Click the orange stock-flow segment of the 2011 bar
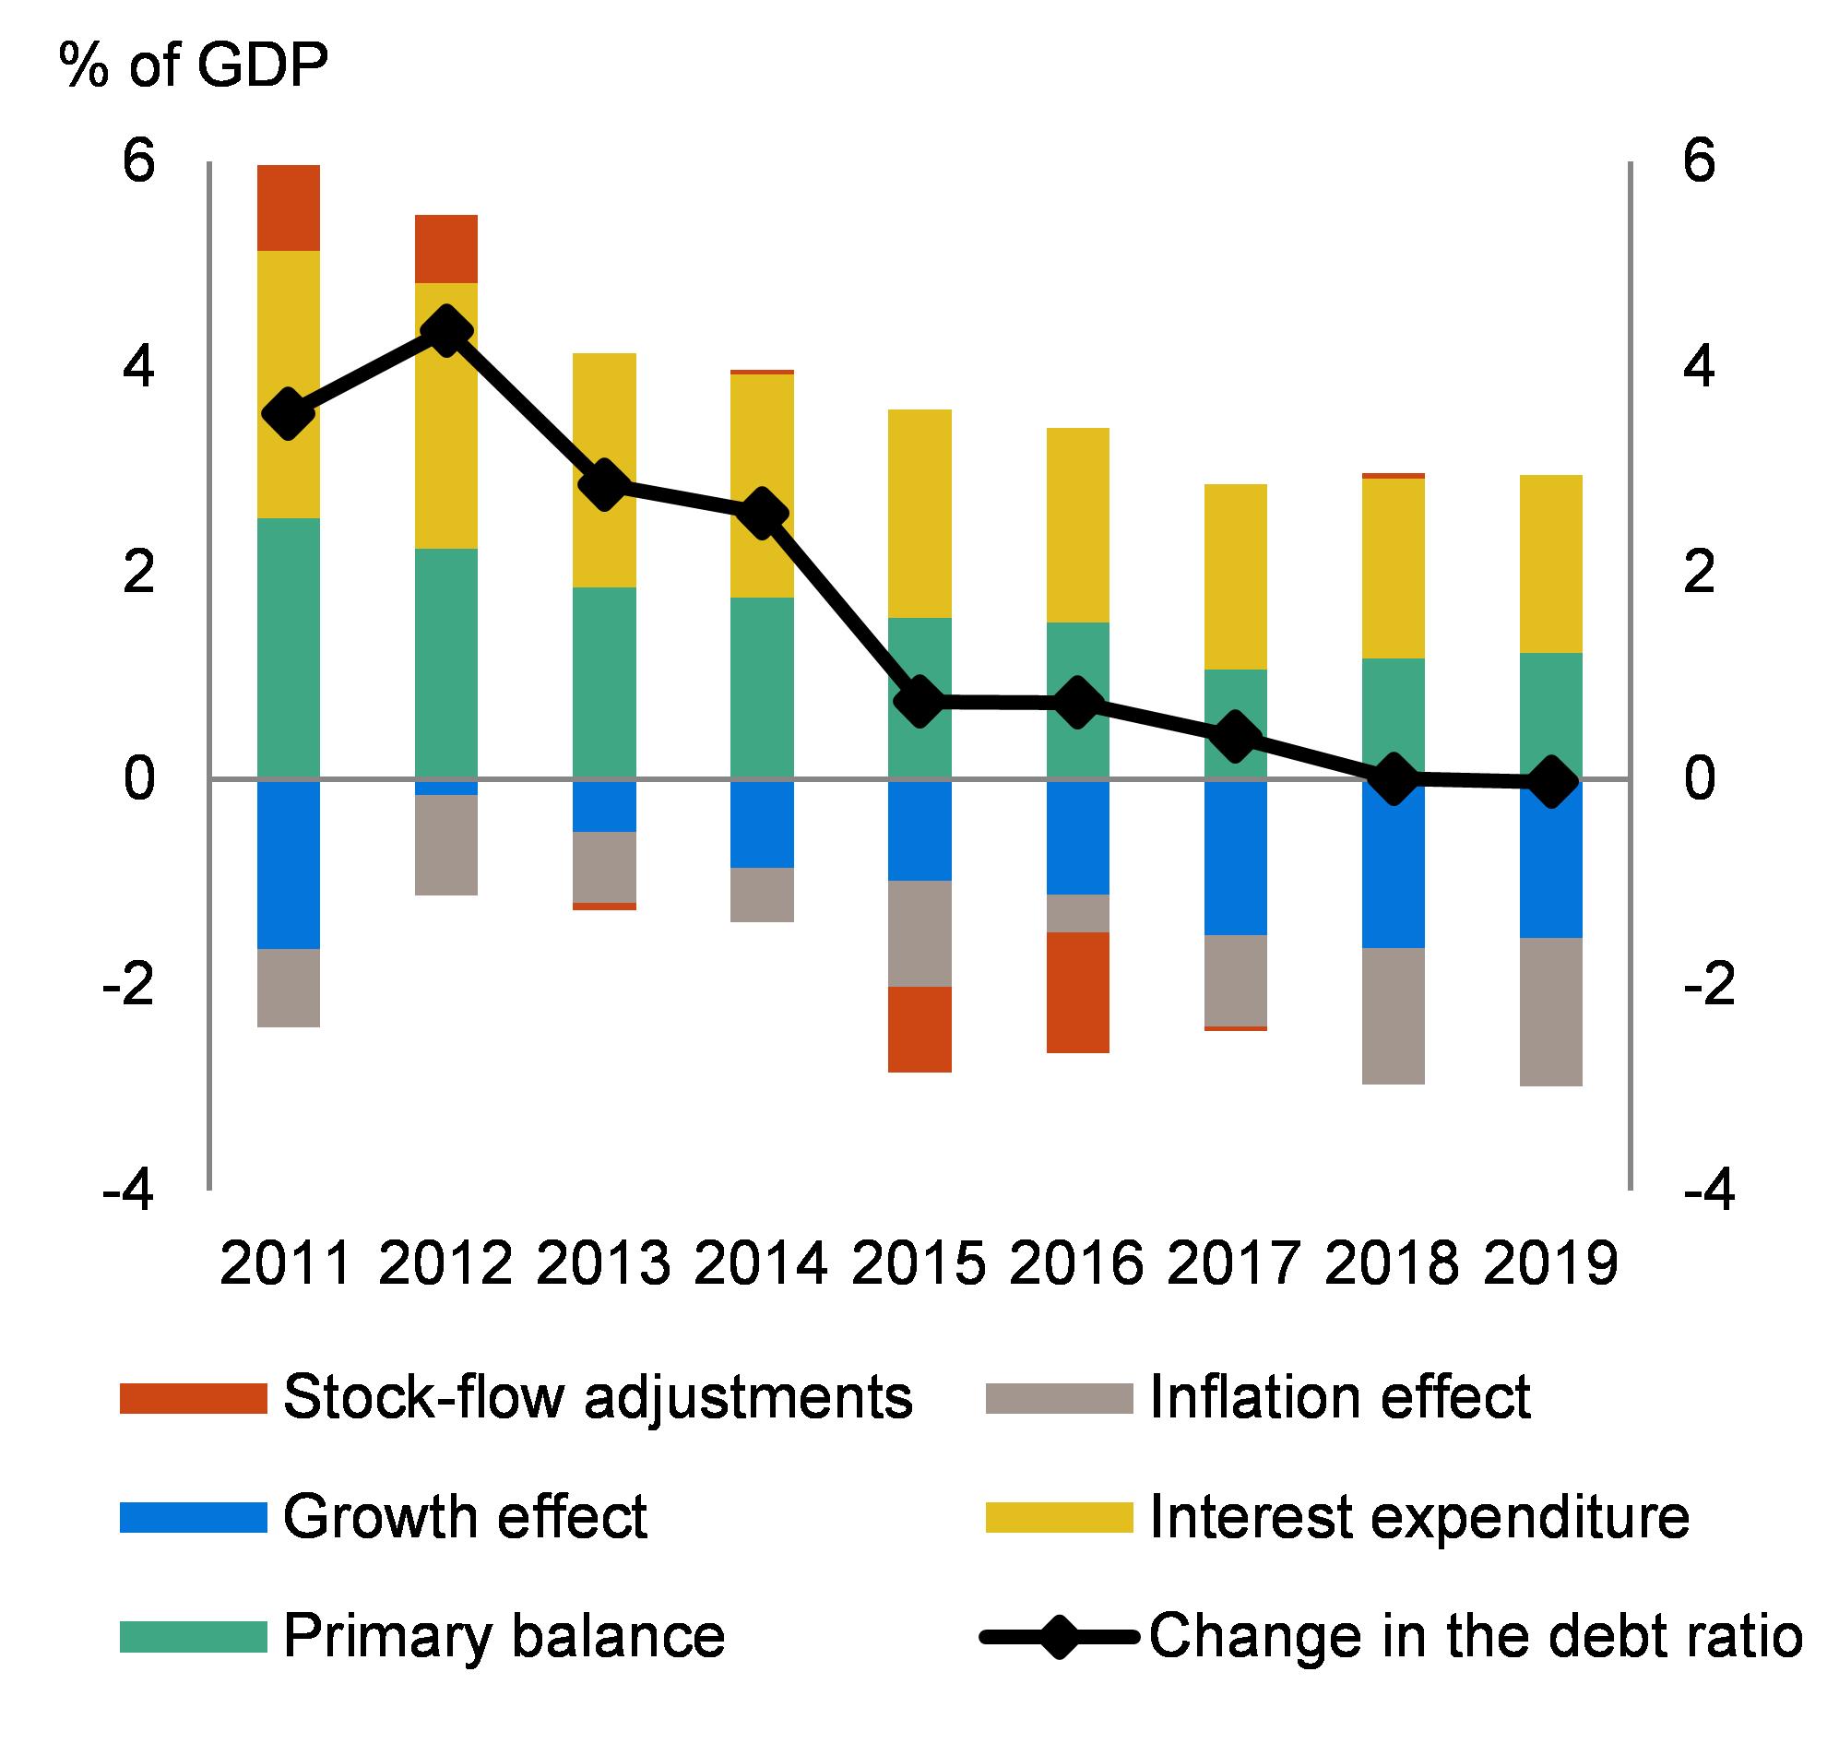pos(288,207)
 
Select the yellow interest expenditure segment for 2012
pos(446,415)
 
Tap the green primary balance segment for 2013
pos(604,682)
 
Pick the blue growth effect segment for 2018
pos(1393,864)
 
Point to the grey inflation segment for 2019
pos(1551,1011)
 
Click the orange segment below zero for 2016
pos(1078,992)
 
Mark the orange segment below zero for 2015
pos(920,1029)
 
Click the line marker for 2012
pos(446,331)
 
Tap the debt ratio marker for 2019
pos(1551,780)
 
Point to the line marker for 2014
pos(762,514)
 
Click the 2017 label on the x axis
pos(1234,1263)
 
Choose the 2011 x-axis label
pos(286,1263)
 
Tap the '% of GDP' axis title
pos(194,67)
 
